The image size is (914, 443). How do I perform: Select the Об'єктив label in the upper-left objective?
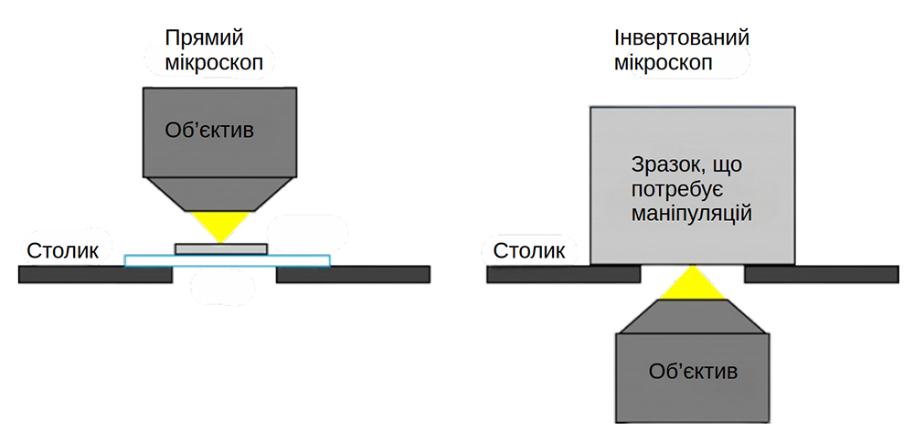209,131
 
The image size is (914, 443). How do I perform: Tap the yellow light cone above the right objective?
692,284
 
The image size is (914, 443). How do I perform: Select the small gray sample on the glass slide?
220,248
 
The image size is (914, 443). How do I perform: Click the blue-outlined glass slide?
146,261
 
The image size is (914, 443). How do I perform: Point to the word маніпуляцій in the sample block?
692,215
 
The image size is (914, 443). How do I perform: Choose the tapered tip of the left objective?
220,193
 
